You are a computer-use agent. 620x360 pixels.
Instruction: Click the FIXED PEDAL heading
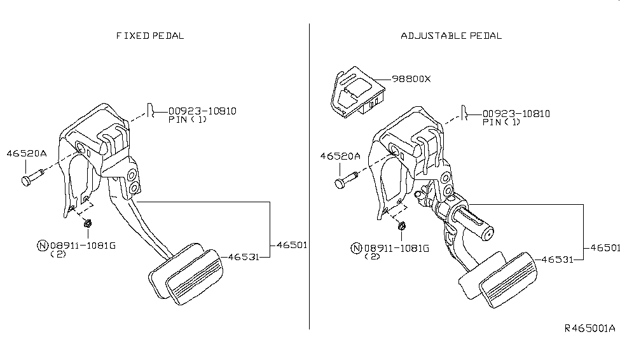[x=150, y=36]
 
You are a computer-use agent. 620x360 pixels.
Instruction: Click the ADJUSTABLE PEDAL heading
[x=451, y=36]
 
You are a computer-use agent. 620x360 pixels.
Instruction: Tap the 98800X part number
[x=411, y=79]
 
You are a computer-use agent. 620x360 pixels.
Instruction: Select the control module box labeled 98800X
[x=357, y=92]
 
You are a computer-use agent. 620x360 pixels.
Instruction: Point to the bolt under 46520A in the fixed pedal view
[x=32, y=177]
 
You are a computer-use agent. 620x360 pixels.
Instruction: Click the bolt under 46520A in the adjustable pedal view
[x=345, y=181]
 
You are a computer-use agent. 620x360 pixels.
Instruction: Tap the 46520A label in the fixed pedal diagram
[x=27, y=153]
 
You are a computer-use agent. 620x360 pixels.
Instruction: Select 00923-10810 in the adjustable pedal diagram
[x=516, y=114]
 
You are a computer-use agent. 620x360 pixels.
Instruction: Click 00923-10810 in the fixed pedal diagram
[x=202, y=111]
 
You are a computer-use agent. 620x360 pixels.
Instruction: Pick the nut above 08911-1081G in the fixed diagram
[x=87, y=223]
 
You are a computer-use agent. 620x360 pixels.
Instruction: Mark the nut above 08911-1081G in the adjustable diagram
[x=401, y=226]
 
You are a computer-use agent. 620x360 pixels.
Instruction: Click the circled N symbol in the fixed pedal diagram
[x=43, y=246]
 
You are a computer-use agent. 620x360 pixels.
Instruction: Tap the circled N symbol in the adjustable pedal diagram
[x=356, y=249]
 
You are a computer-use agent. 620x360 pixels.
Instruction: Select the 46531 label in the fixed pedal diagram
[x=244, y=257]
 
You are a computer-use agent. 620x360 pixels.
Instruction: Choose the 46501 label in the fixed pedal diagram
[x=292, y=246]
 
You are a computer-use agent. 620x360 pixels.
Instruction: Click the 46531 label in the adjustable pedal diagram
[x=557, y=260]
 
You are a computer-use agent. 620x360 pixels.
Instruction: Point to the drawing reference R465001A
[x=589, y=328]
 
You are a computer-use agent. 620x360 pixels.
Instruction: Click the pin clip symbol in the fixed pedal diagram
[x=150, y=111]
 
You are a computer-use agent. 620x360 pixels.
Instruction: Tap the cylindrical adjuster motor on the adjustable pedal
[x=473, y=223]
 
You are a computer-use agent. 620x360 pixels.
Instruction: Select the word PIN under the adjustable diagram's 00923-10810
[x=493, y=122]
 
